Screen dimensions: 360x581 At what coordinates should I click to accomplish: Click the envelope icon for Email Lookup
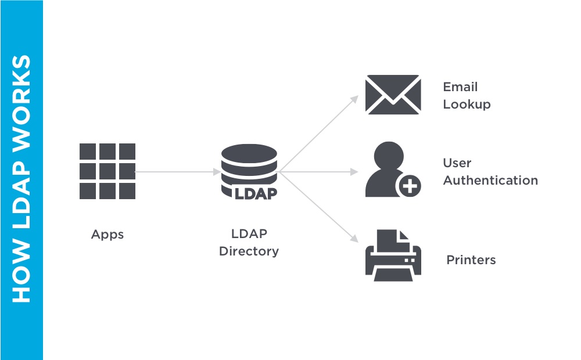[x=393, y=94]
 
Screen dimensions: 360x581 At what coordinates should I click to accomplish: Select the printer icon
[x=393, y=255]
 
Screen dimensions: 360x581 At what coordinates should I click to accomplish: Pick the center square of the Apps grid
[x=107, y=171]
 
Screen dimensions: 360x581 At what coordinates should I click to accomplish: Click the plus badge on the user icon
[x=409, y=186]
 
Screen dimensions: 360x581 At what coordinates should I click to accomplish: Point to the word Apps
[x=107, y=235]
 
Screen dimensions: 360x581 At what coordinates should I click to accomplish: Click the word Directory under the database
[x=249, y=251]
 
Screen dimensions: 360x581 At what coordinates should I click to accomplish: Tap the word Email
[x=460, y=87]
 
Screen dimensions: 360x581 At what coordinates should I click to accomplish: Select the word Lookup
[x=467, y=105]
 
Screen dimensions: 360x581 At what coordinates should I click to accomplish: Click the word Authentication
[x=490, y=181]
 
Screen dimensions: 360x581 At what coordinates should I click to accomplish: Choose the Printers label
[x=471, y=260]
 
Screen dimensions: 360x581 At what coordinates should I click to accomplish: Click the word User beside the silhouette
[x=457, y=163]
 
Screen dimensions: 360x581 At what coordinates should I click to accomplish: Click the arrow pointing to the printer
[x=320, y=209]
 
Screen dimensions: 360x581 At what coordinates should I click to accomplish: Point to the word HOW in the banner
[x=21, y=278]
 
